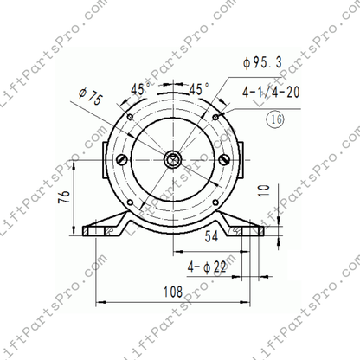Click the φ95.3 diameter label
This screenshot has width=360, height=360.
262,63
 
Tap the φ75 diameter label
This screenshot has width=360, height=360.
91,97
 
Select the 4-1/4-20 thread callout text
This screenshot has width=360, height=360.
271,93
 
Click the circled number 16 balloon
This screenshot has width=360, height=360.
276,119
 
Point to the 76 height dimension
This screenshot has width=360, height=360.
64,196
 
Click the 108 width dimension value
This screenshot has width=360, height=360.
173,292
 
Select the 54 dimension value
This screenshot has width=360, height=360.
211,236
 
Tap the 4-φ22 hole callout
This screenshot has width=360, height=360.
207,267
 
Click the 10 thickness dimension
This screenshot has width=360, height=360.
264,190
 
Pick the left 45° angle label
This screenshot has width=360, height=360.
140,89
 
